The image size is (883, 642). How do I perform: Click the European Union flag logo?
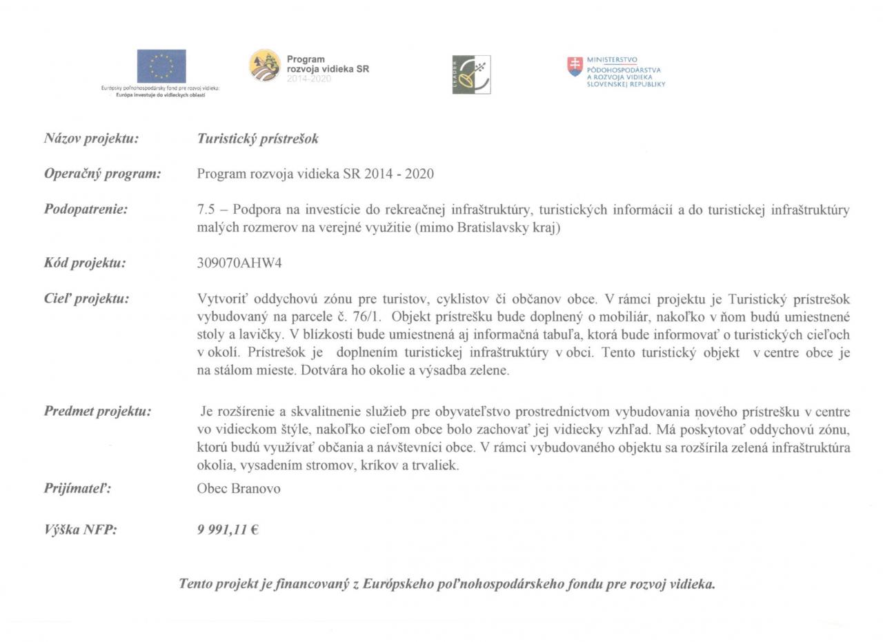pyautogui.click(x=161, y=66)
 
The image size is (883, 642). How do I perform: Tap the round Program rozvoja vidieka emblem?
pyautogui.click(x=265, y=66)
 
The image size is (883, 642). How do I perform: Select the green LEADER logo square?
pyautogui.click(x=471, y=74)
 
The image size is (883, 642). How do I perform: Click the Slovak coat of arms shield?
pyautogui.click(x=575, y=66)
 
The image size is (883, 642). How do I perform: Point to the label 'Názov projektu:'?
pyautogui.click(x=91, y=139)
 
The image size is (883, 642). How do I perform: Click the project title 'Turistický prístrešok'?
pyautogui.click(x=257, y=139)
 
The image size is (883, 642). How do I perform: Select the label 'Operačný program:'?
pyautogui.click(x=102, y=174)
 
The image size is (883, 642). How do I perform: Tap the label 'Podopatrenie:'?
pyautogui.click(x=86, y=210)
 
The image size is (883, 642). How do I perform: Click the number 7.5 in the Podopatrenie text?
pyautogui.click(x=205, y=210)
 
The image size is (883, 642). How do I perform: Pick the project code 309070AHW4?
pyautogui.click(x=239, y=263)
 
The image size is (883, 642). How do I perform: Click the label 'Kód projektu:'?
pyautogui.click(x=85, y=263)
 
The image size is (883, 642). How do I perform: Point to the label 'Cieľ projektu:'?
pyautogui.click(x=86, y=299)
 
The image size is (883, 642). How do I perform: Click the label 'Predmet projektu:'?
pyautogui.click(x=97, y=412)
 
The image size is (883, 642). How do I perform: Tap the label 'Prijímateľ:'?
pyautogui.click(x=77, y=489)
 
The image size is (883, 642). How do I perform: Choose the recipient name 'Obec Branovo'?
pyautogui.click(x=239, y=489)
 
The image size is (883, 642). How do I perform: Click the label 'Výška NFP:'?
pyautogui.click(x=80, y=530)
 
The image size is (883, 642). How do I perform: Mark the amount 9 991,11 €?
pyautogui.click(x=228, y=530)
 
